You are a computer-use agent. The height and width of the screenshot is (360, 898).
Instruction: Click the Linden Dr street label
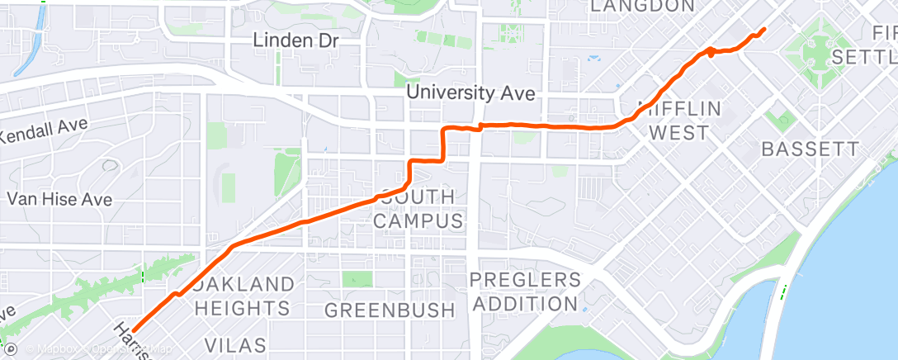(x=295, y=40)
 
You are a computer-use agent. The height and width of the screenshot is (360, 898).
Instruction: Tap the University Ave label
(x=470, y=93)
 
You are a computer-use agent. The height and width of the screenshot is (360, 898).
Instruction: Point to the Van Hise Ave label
(x=59, y=199)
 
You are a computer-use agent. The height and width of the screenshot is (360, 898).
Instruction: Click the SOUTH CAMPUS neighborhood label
(x=418, y=210)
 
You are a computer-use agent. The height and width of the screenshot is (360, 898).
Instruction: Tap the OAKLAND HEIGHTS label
(x=245, y=296)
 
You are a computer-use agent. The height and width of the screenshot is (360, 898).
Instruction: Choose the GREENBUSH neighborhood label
(x=390, y=310)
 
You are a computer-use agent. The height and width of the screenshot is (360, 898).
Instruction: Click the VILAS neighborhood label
(x=234, y=344)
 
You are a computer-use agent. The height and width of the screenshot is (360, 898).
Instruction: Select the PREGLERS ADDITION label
(x=524, y=291)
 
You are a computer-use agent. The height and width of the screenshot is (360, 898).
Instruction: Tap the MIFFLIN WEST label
(x=679, y=121)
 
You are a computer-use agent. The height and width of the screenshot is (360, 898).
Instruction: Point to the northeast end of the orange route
(x=763, y=30)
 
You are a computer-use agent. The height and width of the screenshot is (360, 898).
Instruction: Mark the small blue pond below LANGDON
(x=593, y=58)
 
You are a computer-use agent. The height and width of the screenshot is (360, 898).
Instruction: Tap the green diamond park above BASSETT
(x=780, y=120)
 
